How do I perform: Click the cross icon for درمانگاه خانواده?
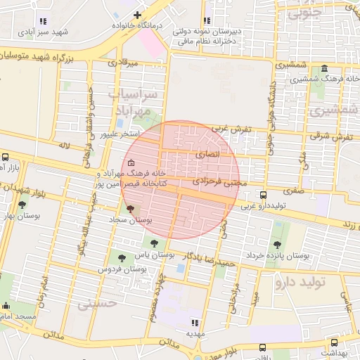click(137, 15)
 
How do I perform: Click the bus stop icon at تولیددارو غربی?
click(263, 195)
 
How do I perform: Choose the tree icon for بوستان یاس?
click(154, 244)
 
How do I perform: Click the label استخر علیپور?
click(121, 134)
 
